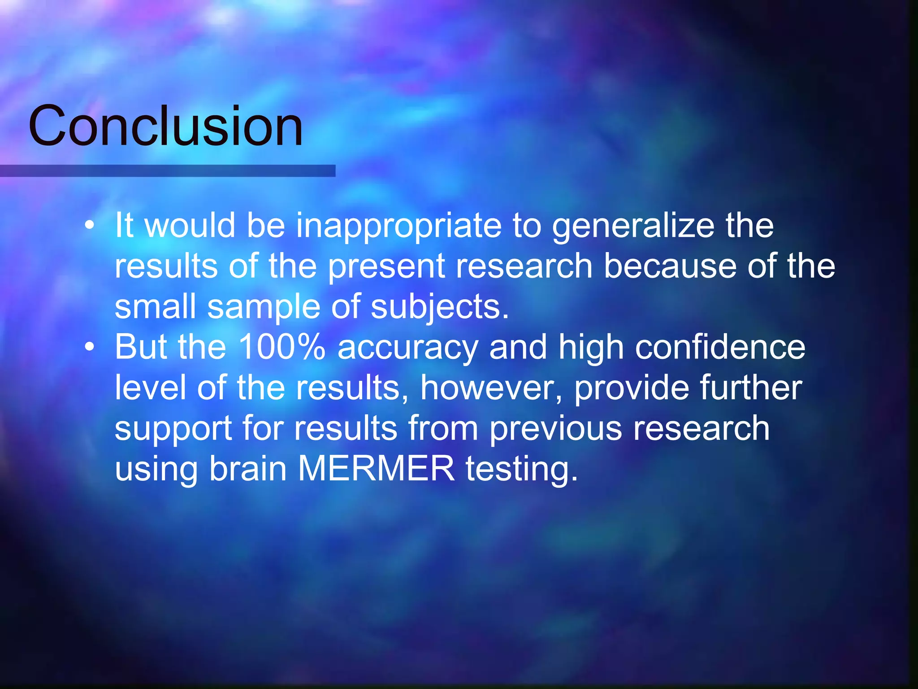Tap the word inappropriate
(398, 226)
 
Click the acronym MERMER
(376, 469)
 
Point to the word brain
(248, 469)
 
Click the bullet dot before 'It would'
(90, 225)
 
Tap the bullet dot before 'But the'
(90, 347)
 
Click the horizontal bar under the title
(168, 170)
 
